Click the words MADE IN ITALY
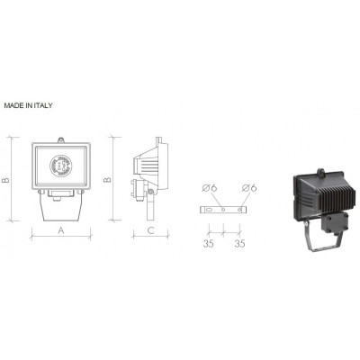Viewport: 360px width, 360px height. [28, 105]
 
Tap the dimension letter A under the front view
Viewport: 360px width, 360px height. [61, 230]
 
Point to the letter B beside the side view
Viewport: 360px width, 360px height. [107, 179]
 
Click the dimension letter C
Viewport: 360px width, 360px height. [151, 230]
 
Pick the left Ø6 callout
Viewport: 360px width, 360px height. [210, 188]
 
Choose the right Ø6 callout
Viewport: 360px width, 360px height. [249, 188]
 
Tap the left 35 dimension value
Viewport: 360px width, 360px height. [209, 243]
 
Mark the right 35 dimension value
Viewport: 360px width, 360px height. [239, 243]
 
